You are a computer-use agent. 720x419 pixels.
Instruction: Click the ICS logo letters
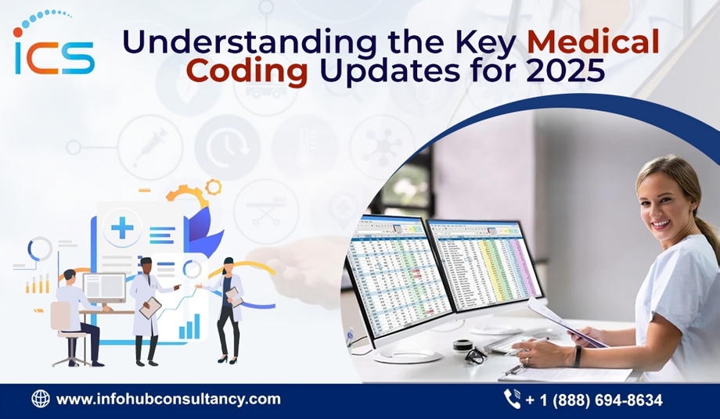click(x=53, y=55)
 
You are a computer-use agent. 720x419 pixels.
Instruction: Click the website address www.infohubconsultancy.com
click(x=168, y=399)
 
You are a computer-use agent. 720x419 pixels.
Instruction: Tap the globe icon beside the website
click(x=40, y=399)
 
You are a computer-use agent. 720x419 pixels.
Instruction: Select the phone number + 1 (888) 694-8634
click(x=594, y=400)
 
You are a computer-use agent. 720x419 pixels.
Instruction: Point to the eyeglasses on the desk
click(x=475, y=354)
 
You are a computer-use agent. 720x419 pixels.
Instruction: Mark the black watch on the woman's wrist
click(x=578, y=356)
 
